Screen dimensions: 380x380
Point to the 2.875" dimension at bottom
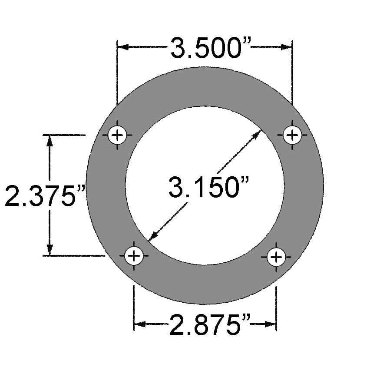[210, 325]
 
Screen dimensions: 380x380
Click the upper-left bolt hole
[117, 135]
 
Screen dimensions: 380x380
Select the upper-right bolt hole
[292, 135]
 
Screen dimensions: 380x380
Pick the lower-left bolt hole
[134, 256]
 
